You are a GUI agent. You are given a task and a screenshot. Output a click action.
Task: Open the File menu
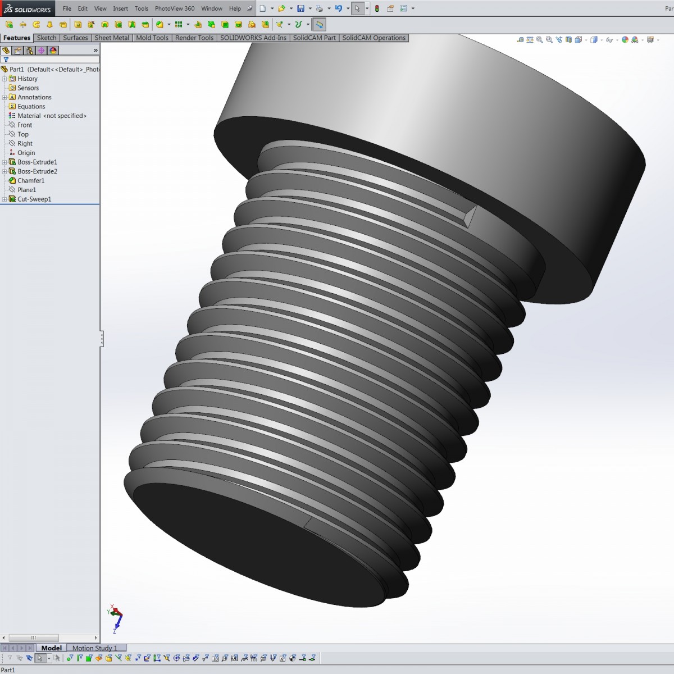[x=67, y=8]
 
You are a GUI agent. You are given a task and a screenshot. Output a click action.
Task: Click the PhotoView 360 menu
[x=175, y=8]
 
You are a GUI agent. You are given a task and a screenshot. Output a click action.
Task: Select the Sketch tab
[x=47, y=38]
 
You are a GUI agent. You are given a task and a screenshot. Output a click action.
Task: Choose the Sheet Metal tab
[x=112, y=38]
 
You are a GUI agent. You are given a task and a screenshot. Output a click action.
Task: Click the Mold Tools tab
[x=152, y=38]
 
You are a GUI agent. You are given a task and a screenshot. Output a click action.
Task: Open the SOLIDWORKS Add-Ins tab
[x=253, y=38]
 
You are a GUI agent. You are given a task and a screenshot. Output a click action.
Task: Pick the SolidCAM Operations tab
[x=374, y=38]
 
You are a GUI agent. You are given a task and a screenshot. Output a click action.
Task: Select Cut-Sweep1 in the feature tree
[x=34, y=199]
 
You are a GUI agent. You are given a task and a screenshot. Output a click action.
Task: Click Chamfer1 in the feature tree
[x=31, y=180]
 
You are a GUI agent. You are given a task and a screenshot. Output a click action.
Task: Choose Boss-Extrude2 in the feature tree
[x=37, y=171]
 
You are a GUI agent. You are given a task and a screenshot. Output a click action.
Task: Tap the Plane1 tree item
[x=26, y=190]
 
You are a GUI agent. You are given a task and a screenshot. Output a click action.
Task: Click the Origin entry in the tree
[x=26, y=153]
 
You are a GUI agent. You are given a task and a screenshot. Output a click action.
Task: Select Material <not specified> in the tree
[x=52, y=116]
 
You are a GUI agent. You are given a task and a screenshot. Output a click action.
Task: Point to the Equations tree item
[x=31, y=106]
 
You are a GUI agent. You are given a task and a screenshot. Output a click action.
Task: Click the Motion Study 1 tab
[x=95, y=648]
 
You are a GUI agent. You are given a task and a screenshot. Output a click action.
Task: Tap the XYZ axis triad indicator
[x=115, y=618]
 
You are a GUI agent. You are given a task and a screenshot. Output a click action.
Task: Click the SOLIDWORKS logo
[x=28, y=9]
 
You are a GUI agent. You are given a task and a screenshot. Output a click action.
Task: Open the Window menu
[x=212, y=8]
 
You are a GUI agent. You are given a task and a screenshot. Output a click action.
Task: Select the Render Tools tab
[x=194, y=38]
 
